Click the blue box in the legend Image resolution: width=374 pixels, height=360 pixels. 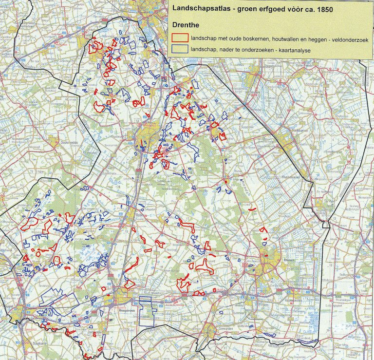click(x=181, y=49)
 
